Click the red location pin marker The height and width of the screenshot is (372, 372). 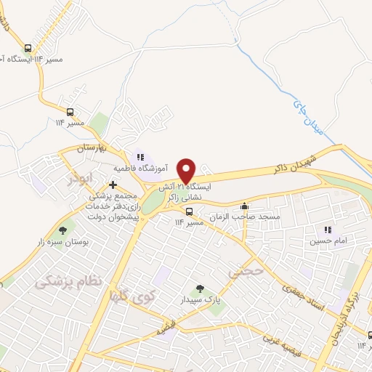(187, 171)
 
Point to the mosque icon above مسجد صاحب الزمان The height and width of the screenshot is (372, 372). (245, 206)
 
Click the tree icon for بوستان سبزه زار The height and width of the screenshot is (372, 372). (63, 230)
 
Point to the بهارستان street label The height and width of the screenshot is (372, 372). (92, 148)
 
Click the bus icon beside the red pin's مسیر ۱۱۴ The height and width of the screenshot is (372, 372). (189, 212)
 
